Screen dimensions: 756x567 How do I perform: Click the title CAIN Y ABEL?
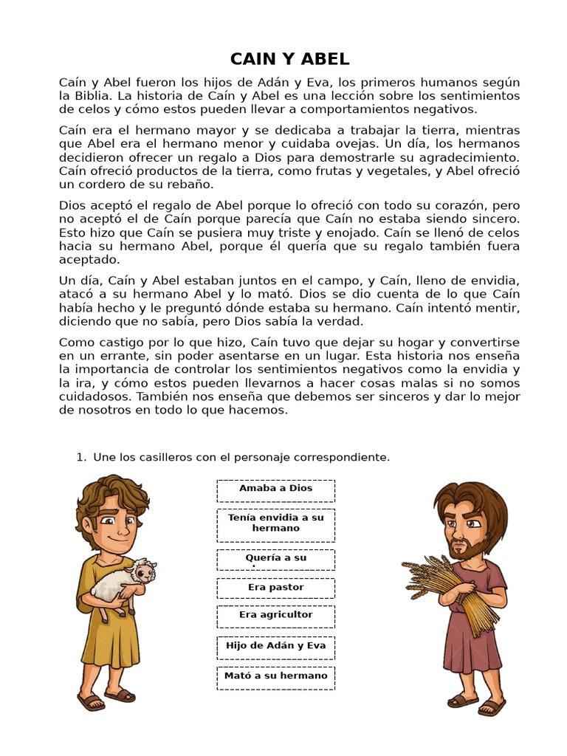[x=289, y=59]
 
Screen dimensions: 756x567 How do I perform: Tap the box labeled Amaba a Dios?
[x=275, y=490]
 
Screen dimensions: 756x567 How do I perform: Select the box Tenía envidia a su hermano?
[x=275, y=524]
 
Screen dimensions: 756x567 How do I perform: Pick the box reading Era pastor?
[x=275, y=588]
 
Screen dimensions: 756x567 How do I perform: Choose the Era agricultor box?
[x=275, y=616]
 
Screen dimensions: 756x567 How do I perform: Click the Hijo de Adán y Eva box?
[x=275, y=647]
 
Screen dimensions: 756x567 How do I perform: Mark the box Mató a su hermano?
[x=275, y=677]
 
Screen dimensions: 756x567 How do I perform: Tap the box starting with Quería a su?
[x=275, y=560]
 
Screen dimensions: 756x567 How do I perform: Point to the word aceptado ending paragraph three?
[x=87, y=260]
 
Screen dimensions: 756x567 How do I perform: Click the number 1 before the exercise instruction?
[x=80, y=458]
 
